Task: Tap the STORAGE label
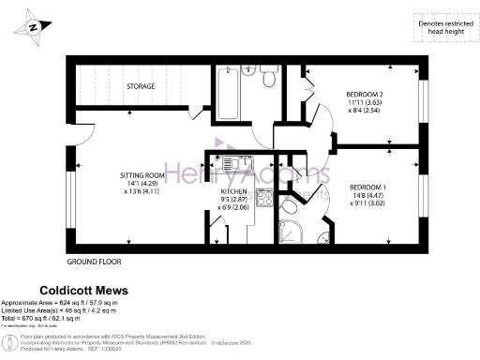tap(141, 86)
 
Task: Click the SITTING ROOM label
tap(142, 174)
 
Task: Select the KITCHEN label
tap(233, 190)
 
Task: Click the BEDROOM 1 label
tap(367, 187)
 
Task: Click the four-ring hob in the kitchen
tap(264, 198)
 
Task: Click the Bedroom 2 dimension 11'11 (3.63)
tap(362, 104)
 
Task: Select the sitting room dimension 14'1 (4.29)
tap(142, 183)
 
